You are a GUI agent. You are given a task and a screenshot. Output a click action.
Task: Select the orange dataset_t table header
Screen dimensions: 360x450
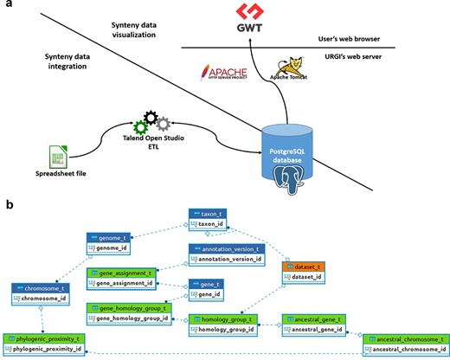tap(299, 267)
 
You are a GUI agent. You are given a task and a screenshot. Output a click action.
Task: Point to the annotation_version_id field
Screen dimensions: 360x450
tap(227, 259)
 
